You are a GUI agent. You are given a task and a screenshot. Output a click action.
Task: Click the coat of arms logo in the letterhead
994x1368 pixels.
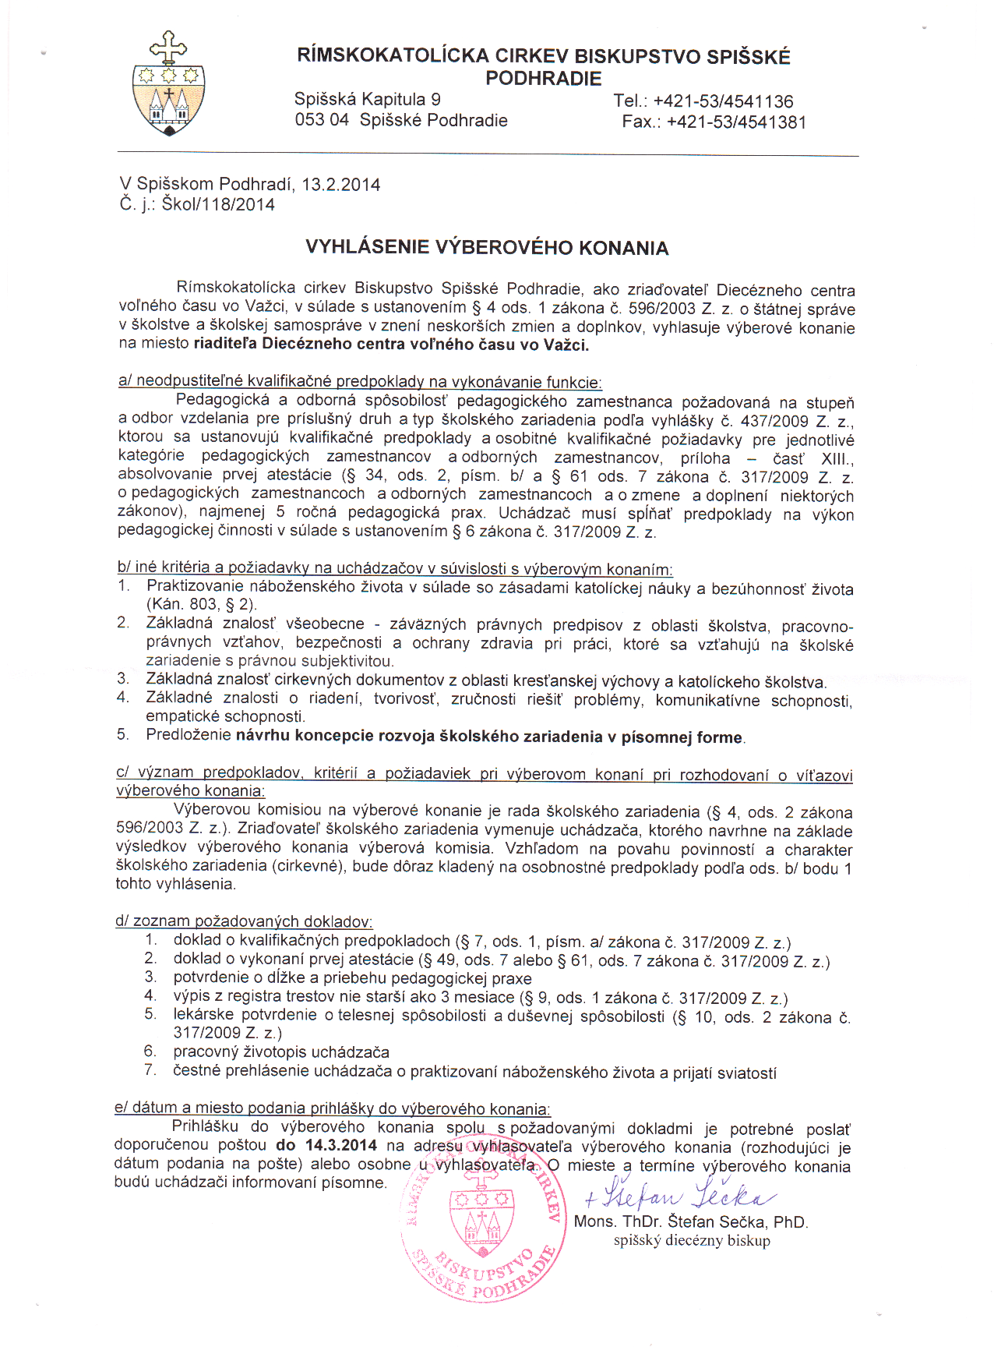(168, 84)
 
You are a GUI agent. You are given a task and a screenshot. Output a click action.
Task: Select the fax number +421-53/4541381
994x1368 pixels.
(736, 122)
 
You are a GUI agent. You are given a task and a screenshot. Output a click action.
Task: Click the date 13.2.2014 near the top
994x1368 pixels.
(341, 185)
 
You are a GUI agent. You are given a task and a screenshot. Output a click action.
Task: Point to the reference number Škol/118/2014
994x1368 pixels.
(218, 205)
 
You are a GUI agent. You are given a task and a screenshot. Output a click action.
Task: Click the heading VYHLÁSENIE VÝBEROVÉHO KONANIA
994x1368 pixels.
(487, 248)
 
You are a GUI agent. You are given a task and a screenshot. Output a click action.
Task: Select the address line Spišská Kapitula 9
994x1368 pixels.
(367, 100)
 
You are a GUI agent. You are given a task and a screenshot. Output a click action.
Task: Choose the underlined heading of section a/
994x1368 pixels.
(360, 382)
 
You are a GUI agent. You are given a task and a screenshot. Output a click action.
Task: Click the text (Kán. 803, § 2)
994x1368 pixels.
(201, 604)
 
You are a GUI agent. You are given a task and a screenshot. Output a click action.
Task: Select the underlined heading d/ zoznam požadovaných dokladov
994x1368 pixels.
(244, 921)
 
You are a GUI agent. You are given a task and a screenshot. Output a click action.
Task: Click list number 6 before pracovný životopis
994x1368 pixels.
(150, 1052)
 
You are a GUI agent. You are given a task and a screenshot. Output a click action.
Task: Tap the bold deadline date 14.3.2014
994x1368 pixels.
(340, 1146)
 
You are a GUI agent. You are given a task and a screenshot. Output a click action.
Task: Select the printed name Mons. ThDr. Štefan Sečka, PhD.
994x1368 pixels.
(690, 1222)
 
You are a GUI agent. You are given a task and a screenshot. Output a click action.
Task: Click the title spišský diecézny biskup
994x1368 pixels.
(692, 1241)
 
